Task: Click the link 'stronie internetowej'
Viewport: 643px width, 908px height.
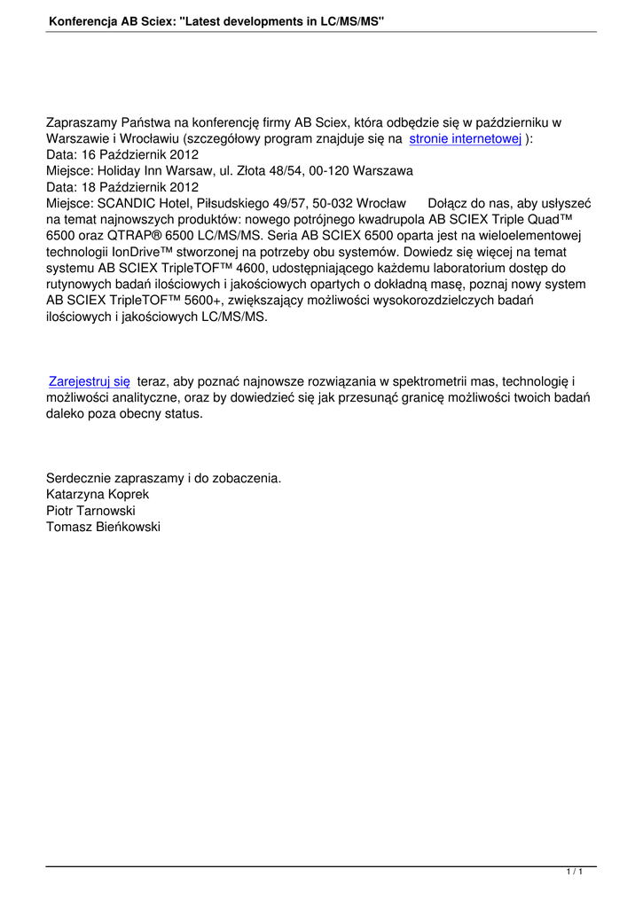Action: pyautogui.click(x=465, y=139)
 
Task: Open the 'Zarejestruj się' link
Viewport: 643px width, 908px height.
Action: pyautogui.click(x=90, y=381)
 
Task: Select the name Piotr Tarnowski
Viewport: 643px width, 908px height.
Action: pyautogui.click(x=90, y=510)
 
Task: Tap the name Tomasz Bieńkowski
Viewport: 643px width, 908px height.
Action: pyautogui.click(x=103, y=526)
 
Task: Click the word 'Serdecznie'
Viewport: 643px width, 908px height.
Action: pyautogui.click(x=79, y=478)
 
